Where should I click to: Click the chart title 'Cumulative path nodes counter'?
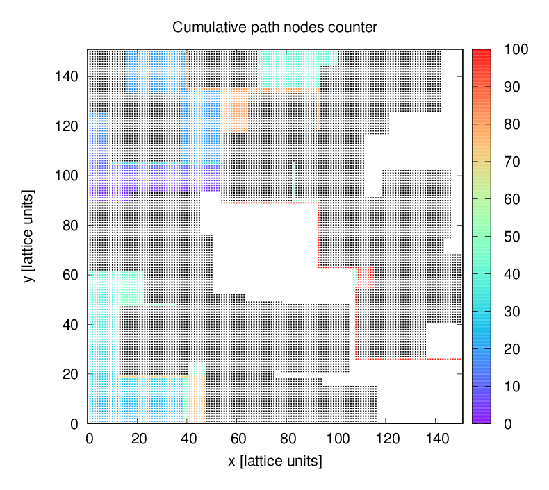coord(274,28)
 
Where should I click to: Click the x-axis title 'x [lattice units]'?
coord(274,460)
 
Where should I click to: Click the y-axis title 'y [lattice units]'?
coord(28,236)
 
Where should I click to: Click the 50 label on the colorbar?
coord(509,237)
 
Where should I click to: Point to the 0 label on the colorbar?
coord(506,423)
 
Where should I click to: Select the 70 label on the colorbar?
coord(509,162)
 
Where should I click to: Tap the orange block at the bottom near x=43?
coord(196,398)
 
